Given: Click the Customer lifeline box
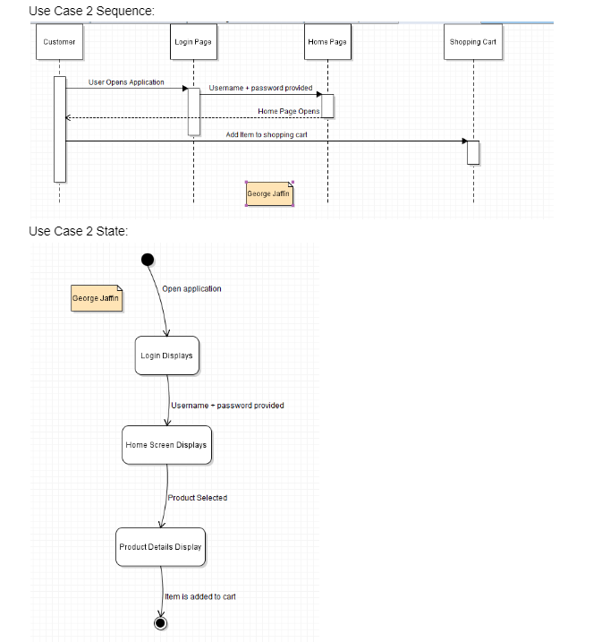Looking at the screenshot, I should [x=60, y=42].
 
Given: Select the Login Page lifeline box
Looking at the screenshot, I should [x=193, y=42].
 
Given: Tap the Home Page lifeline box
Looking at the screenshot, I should [x=327, y=42].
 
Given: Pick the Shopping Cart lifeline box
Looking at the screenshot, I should [x=472, y=42].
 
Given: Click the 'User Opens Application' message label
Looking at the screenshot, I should [x=126, y=82].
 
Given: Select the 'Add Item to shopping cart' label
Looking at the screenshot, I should [x=267, y=134].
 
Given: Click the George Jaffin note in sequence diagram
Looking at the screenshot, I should [x=269, y=193].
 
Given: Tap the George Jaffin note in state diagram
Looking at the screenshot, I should [x=95, y=298].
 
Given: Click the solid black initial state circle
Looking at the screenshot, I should [x=148, y=260].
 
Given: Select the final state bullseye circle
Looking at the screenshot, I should [x=161, y=622].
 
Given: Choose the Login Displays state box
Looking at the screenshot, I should [x=166, y=355].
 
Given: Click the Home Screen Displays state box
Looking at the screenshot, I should [x=166, y=445].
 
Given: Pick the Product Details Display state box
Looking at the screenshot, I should [x=161, y=547].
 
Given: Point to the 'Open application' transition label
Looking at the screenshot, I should [x=191, y=289].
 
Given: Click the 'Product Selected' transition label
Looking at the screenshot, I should [x=198, y=498].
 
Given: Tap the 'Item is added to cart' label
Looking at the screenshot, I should [x=200, y=596].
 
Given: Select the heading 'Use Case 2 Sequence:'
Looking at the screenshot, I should [x=91, y=11].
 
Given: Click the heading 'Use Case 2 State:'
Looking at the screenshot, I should [x=79, y=231].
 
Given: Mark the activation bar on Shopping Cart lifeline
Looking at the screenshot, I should [x=473, y=152].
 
